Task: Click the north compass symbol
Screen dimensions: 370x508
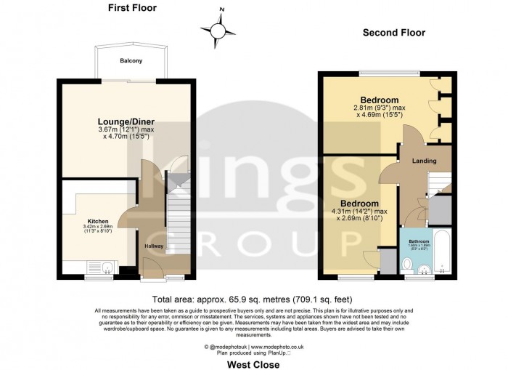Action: [218, 30]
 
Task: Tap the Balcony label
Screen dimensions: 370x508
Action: [131, 62]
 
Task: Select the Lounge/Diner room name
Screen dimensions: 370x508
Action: [126, 121]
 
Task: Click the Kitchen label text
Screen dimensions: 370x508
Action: [98, 220]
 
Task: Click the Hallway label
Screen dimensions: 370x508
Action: [153, 247]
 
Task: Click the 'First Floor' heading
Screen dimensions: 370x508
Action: [131, 9]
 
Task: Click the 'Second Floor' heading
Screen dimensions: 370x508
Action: [394, 33]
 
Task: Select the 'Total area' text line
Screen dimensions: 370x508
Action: [253, 299]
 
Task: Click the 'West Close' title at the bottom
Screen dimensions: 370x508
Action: [253, 364]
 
